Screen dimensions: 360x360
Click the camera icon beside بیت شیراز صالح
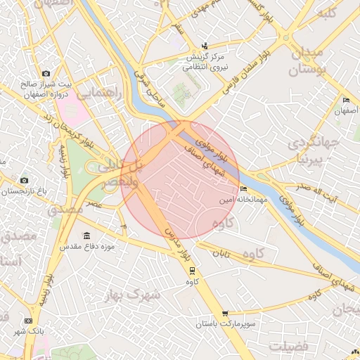pyautogui.click(x=46, y=73)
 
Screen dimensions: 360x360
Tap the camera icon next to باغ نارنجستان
pyautogui.click(x=25, y=181)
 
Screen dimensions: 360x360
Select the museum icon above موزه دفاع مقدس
pyautogui.click(x=86, y=236)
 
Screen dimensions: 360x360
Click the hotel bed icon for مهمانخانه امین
pyautogui.click(x=244, y=189)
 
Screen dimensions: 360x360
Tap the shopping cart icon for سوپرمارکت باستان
pyautogui.click(x=224, y=314)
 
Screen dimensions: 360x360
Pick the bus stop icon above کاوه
pyautogui.click(x=192, y=271)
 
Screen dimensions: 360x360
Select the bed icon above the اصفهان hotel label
pyautogui.click(x=345, y=101)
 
